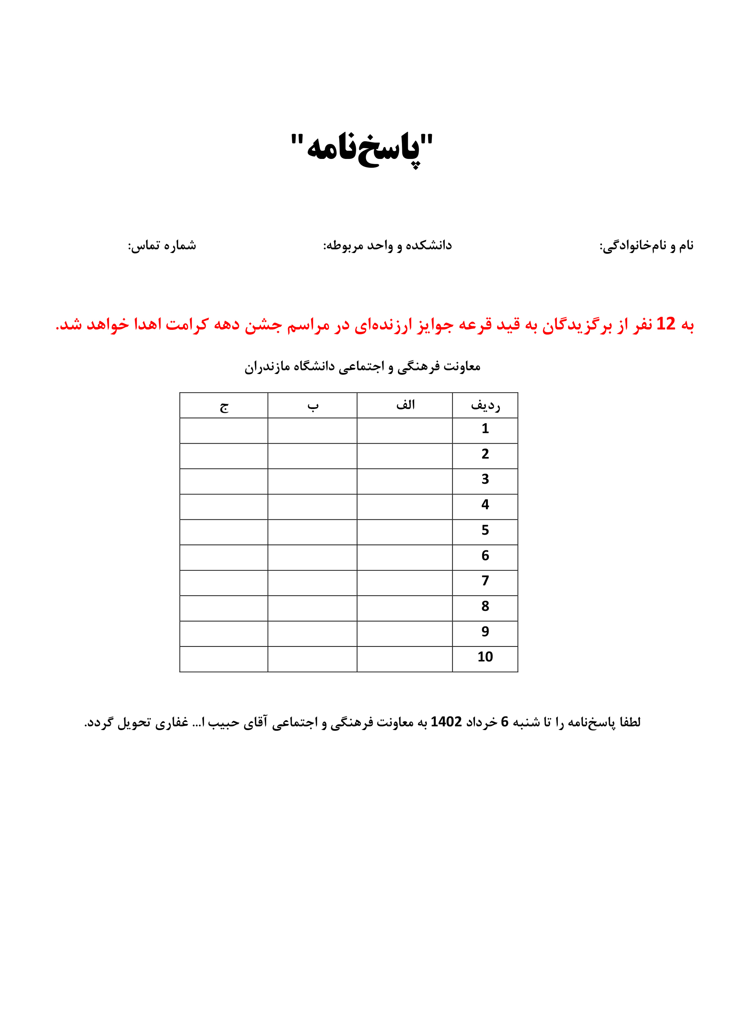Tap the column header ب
[x=313, y=406]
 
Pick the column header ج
[x=224, y=406]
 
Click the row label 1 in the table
[x=485, y=429]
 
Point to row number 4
[x=485, y=504]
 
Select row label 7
[x=485, y=581]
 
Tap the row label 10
[x=485, y=657]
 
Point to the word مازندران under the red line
[x=267, y=366]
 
